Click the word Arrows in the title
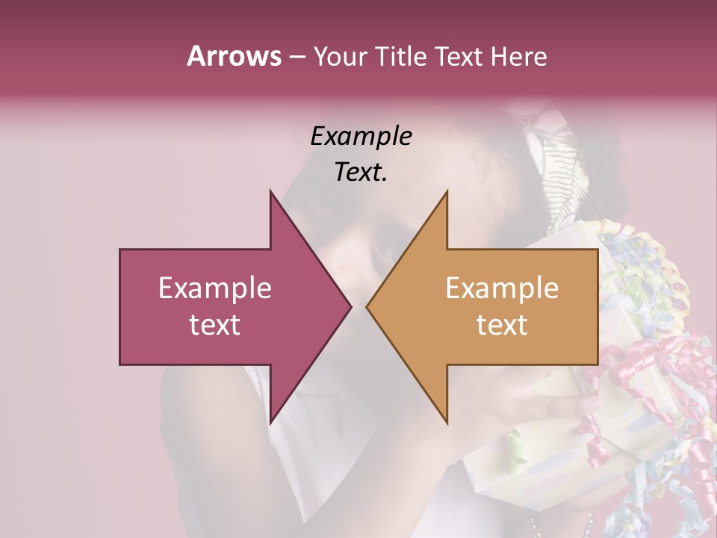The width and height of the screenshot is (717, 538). pos(234,56)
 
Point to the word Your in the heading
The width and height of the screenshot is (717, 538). pos(341,56)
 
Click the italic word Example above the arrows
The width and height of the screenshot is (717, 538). pos(361,137)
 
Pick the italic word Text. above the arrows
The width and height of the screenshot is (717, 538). pos(361,173)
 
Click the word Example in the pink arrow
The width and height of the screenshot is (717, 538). pos(215,288)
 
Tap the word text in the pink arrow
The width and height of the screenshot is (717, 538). pos(215,325)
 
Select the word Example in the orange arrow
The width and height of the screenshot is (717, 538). pos(502,288)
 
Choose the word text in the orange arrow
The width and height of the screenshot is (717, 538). pos(502,325)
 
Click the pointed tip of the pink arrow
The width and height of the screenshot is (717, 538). pos(350,306)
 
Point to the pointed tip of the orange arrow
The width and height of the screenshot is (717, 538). pos(367,306)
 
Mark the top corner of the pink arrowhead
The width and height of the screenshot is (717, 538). pos(271,192)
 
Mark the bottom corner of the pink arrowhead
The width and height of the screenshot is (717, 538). pos(271,422)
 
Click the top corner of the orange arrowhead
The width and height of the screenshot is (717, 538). pos(447,192)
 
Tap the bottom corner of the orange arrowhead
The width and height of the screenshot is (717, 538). pos(447,422)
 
